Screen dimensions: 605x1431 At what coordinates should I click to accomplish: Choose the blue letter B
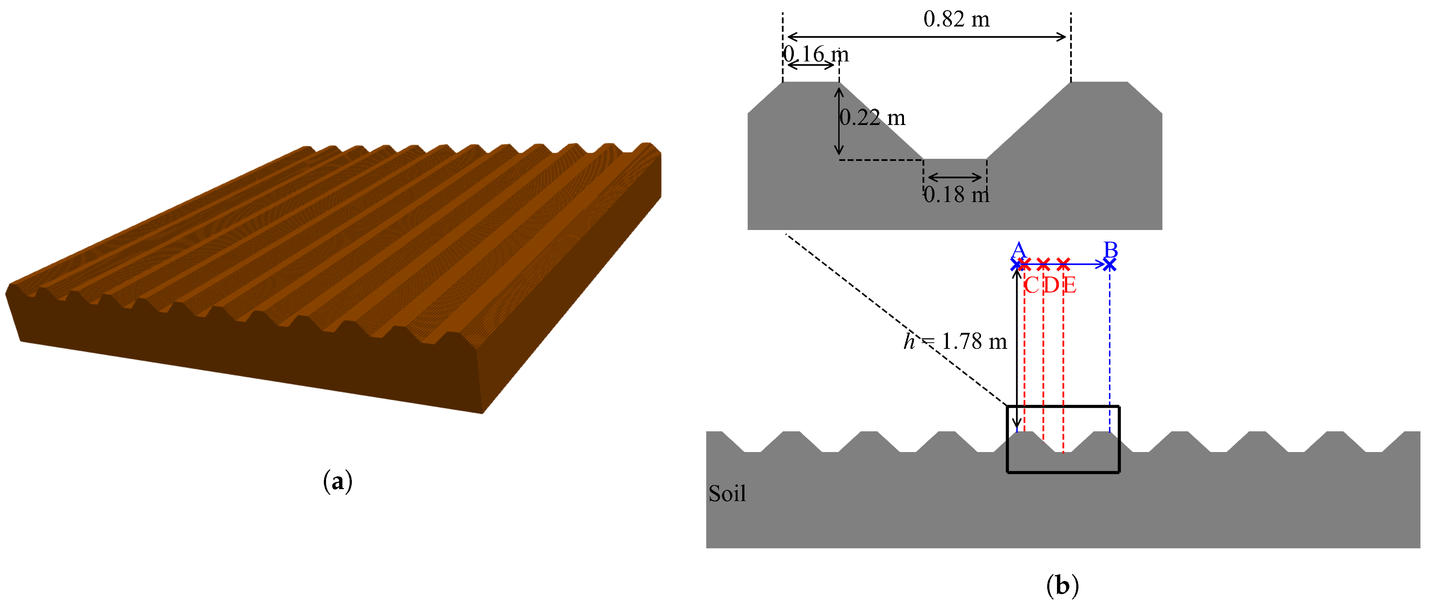1110,250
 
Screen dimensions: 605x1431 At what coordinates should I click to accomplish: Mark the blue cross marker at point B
1109,265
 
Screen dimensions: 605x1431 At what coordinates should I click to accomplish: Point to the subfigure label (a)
337,481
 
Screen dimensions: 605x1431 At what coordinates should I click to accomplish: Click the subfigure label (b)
1062,585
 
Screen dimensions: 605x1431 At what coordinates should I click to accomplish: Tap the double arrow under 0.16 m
811,65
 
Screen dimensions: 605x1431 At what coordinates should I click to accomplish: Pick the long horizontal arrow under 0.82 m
926,37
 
